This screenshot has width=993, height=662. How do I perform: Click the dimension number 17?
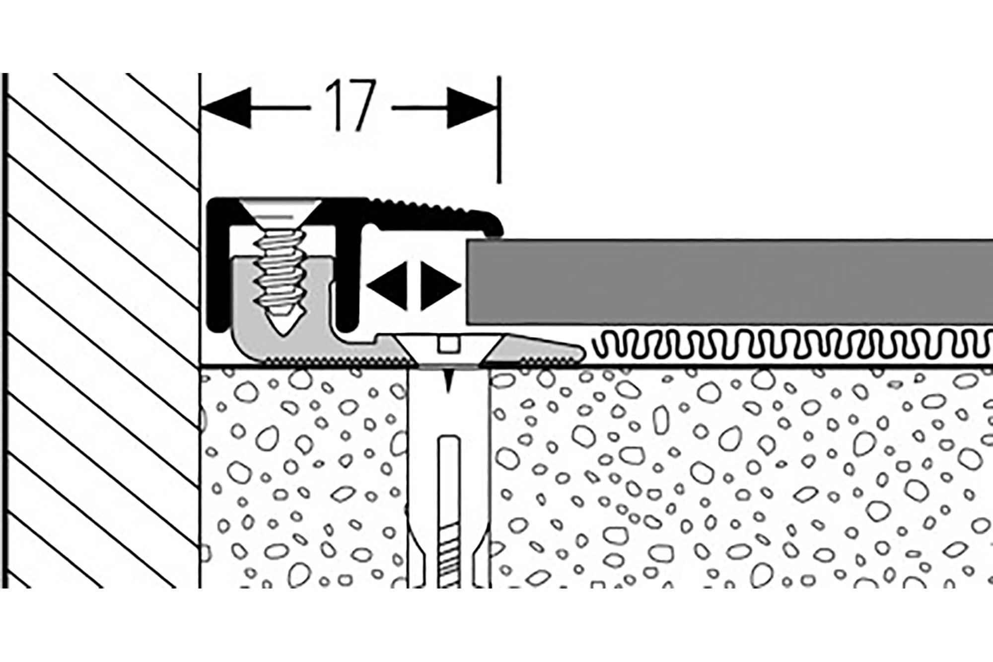coord(351,107)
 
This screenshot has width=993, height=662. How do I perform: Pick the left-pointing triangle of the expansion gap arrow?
coord(387,287)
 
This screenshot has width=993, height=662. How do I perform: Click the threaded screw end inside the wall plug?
coord(448,556)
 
